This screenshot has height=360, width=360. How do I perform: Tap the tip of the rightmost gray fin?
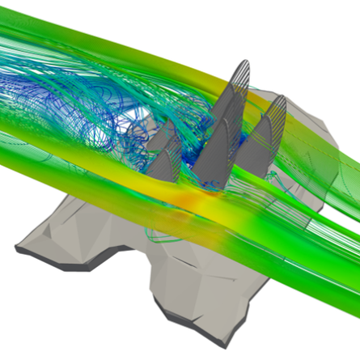coord(282,95)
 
